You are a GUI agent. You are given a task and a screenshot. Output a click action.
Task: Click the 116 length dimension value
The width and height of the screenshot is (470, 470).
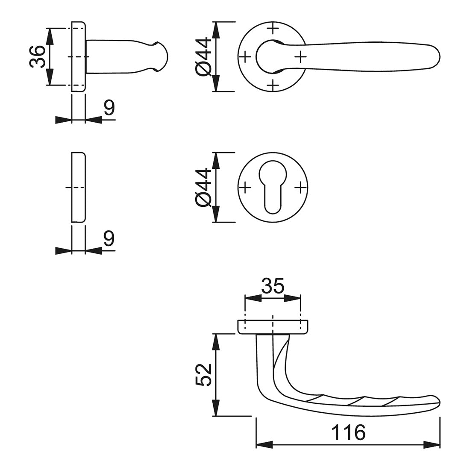(x=348, y=432)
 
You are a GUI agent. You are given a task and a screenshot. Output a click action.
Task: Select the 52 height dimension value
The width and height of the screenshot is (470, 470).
(x=203, y=375)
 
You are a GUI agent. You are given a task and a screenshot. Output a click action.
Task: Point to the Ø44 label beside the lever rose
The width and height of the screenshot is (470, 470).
(x=203, y=56)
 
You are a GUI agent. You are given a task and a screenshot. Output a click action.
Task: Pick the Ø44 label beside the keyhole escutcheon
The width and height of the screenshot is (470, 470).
(x=203, y=187)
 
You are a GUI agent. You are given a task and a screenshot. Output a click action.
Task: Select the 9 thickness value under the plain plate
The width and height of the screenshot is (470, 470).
(x=109, y=238)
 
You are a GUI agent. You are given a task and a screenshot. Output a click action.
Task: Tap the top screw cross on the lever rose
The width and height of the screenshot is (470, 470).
(x=273, y=29)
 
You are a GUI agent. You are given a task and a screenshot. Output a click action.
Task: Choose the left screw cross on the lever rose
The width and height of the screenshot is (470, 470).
(x=245, y=56)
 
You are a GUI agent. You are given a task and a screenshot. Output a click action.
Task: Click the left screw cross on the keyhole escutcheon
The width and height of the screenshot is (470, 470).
(x=245, y=188)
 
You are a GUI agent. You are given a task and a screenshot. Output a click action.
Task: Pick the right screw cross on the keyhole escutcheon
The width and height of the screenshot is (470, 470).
(x=300, y=188)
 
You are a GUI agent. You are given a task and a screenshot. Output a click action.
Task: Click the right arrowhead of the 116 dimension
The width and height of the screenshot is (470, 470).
(x=432, y=444)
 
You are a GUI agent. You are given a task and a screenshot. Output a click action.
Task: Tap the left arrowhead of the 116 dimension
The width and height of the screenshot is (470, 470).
(x=264, y=444)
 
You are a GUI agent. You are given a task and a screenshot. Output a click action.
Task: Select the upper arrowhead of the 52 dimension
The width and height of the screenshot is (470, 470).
(x=216, y=342)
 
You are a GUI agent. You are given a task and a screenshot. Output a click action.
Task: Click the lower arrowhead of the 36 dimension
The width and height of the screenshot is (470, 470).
(x=50, y=77)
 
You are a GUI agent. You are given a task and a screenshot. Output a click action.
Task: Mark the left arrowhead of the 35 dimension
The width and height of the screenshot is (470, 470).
(x=253, y=298)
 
